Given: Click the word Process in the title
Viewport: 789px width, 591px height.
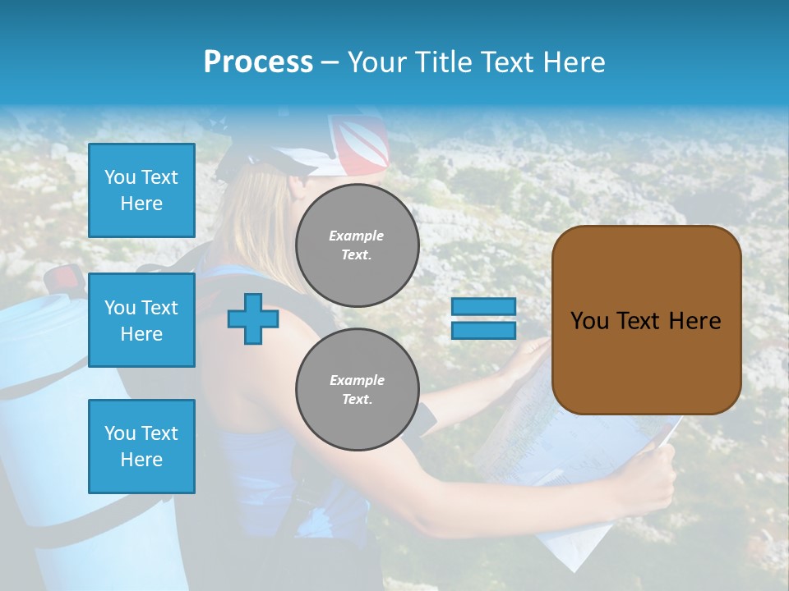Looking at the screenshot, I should (x=258, y=62).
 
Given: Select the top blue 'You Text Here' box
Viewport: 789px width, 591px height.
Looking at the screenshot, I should (x=141, y=190).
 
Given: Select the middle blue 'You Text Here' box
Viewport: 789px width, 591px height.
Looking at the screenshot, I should (x=141, y=320).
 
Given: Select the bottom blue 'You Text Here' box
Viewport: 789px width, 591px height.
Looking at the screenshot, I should (x=141, y=446).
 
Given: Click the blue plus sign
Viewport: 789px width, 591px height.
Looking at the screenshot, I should (x=253, y=318).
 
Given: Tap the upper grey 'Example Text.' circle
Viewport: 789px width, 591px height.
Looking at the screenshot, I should (x=357, y=245).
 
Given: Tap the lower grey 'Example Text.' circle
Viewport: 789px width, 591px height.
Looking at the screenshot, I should (x=357, y=390).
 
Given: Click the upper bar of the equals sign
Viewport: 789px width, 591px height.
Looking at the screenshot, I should (x=483, y=307).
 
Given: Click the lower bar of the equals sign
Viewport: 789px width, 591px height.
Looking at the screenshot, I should (x=483, y=330).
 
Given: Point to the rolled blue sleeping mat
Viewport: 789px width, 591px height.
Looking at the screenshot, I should (x=41, y=369).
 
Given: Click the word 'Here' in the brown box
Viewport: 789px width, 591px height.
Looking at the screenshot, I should (x=694, y=321).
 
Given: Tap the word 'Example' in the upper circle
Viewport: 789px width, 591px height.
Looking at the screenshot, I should (x=357, y=236).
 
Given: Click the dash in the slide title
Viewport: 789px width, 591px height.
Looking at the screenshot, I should (x=330, y=62).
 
